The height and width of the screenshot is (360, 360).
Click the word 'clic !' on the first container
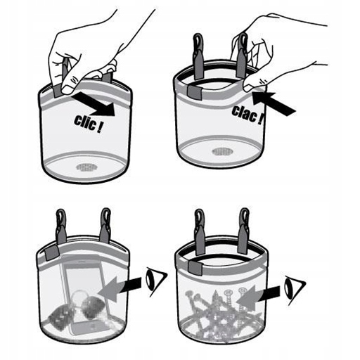click(88, 124)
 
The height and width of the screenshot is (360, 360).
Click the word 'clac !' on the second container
click(247, 115)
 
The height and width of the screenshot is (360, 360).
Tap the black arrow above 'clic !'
click(94, 103)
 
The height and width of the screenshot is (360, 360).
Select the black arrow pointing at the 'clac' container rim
click(274, 103)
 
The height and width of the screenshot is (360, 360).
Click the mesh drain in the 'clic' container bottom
click(86, 167)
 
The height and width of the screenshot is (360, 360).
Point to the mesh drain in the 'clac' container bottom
click(222, 152)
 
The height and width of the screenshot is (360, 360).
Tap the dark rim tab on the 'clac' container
click(194, 91)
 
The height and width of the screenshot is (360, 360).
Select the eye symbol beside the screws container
click(295, 290)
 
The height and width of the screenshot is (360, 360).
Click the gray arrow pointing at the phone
click(120, 289)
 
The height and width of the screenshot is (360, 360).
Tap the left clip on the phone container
click(61, 227)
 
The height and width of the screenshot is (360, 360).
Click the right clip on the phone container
click(105, 226)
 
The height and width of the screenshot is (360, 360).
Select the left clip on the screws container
click(200, 231)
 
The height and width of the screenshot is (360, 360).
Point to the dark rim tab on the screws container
click(195, 267)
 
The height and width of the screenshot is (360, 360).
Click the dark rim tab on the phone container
click(52, 253)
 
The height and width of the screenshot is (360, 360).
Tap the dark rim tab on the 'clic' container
click(58, 91)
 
